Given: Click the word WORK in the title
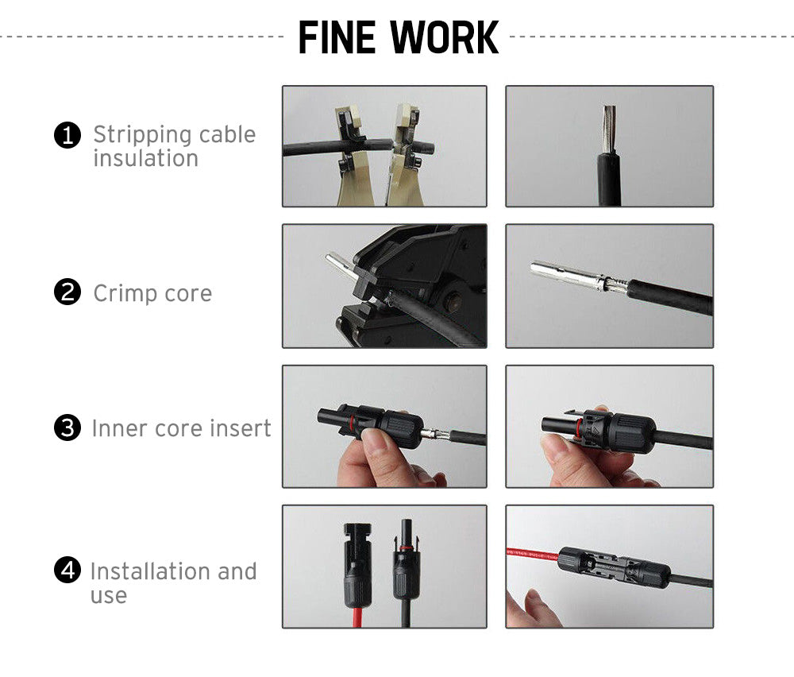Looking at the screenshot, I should [445, 37].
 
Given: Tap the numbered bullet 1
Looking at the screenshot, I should [67, 136].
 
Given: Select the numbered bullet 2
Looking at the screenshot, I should [67, 292].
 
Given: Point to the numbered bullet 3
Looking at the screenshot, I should [67, 428].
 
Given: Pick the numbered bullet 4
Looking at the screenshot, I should [67, 570].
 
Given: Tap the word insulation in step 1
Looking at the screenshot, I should [145, 158].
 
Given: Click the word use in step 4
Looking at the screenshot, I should [108, 595].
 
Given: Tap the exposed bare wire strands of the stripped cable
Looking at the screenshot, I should [609, 127].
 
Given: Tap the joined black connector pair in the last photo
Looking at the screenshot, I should [611, 567].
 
